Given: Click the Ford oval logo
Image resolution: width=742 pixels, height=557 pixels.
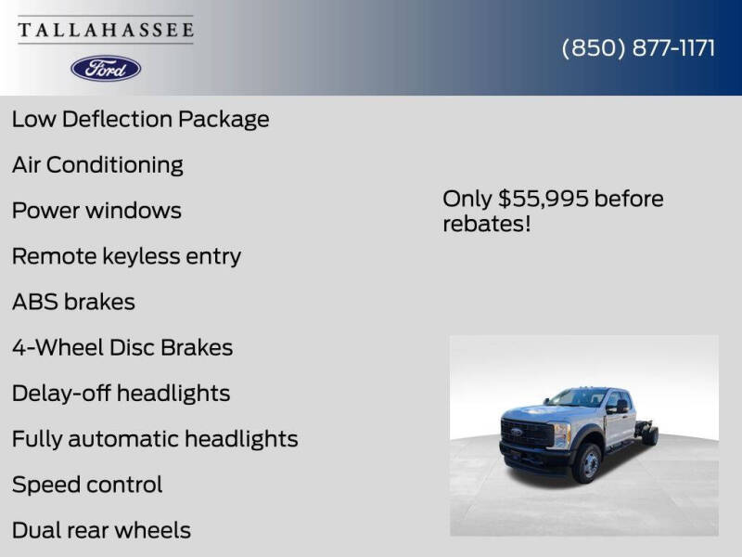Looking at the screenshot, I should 106,68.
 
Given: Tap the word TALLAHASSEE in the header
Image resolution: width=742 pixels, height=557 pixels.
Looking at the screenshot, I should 106,31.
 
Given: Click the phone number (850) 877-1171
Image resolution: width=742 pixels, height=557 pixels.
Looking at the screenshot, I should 638,48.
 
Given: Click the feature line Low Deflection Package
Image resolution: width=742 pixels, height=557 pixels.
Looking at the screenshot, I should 140,119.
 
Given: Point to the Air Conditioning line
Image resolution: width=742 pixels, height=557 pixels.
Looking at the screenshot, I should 97,165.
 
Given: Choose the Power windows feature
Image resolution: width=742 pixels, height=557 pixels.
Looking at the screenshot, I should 96,211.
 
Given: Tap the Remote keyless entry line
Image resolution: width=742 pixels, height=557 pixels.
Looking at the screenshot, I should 126,256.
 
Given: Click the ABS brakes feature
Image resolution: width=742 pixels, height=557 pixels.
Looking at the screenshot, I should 73,302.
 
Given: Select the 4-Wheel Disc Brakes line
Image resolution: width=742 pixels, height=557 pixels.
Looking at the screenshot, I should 122,347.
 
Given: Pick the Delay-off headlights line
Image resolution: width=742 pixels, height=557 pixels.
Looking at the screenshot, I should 121,393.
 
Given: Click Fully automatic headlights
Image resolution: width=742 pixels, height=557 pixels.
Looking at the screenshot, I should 155,438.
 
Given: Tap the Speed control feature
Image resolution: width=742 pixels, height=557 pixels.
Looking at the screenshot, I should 87,485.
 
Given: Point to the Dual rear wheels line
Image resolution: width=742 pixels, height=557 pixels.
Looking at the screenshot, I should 101,530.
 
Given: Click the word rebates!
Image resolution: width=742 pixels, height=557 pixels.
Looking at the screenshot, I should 486,224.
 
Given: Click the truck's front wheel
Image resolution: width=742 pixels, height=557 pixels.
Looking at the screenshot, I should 588,462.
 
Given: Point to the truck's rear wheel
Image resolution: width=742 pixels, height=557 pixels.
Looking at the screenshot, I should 650,434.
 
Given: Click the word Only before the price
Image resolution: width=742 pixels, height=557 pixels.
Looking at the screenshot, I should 467,199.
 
